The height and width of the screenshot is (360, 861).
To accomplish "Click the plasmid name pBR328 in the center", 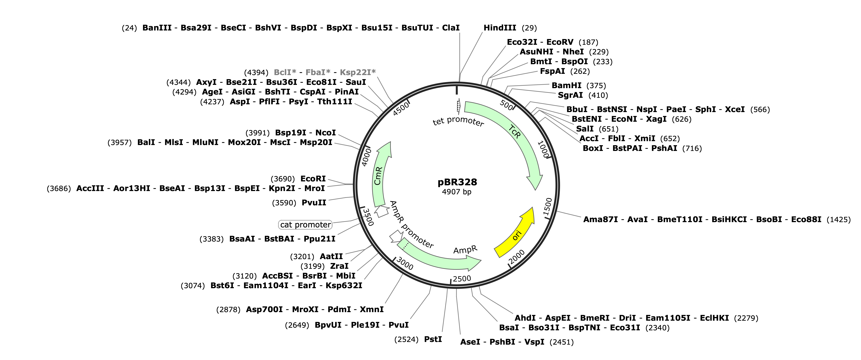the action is tap(457, 182).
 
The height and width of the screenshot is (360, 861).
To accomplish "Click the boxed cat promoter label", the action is tap(305, 225).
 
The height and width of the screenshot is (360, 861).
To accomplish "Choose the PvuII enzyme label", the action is tap(314, 203).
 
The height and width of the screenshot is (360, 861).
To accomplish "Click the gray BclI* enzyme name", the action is tap(285, 72).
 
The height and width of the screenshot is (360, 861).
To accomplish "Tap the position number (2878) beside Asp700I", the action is tap(228, 309).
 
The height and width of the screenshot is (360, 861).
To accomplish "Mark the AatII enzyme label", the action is tap(331, 256).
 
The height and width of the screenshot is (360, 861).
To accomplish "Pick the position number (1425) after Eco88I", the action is tap(839, 220).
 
